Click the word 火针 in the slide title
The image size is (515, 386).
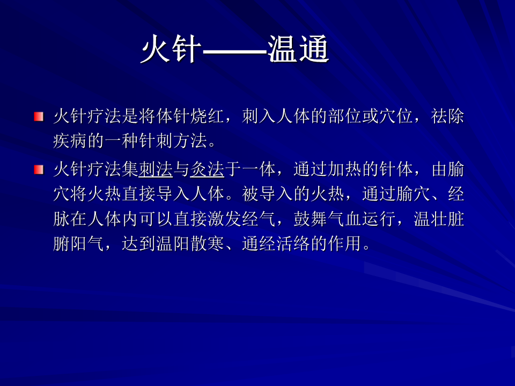171,49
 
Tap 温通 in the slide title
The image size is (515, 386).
298,49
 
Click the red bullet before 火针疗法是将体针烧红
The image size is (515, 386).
39,116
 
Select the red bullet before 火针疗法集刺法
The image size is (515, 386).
39,170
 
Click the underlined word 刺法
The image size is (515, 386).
156,170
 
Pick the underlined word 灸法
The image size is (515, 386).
207,170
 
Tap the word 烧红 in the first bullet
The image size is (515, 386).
207,116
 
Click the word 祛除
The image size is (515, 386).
447,116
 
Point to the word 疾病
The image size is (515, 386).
70,141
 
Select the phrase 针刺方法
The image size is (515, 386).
173,141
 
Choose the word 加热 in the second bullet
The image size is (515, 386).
345,170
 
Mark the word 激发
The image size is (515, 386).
224,219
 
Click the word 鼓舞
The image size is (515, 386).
311,219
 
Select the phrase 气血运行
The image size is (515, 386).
362,219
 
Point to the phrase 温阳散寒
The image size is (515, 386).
190,243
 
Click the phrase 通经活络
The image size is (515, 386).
276,243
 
